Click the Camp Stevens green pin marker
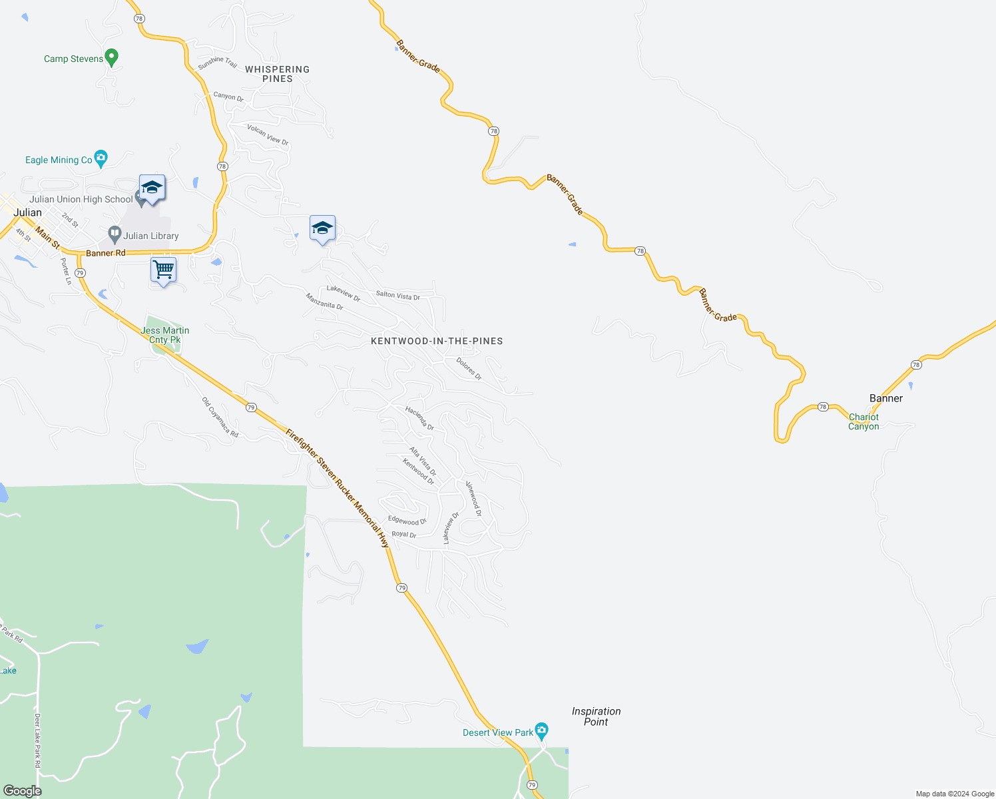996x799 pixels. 112,57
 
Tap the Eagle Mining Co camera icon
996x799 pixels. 101,158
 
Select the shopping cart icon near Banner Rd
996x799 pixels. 163,270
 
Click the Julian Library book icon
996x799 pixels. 115,234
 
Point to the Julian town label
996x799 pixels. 28,212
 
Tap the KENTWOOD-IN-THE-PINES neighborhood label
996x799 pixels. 437,341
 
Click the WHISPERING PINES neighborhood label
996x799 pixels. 277,74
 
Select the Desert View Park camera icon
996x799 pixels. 541,731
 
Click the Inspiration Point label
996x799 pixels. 596,716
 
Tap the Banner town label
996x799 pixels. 886,398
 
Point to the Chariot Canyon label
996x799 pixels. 864,421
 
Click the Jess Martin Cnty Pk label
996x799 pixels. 165,335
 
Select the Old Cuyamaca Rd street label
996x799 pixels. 220,417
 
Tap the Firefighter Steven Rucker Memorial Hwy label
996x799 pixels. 338,488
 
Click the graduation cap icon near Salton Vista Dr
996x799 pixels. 322,228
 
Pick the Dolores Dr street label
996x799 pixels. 469,368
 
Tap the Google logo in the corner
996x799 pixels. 22,791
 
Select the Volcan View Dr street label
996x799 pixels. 268,134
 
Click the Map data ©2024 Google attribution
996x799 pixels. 955,794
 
